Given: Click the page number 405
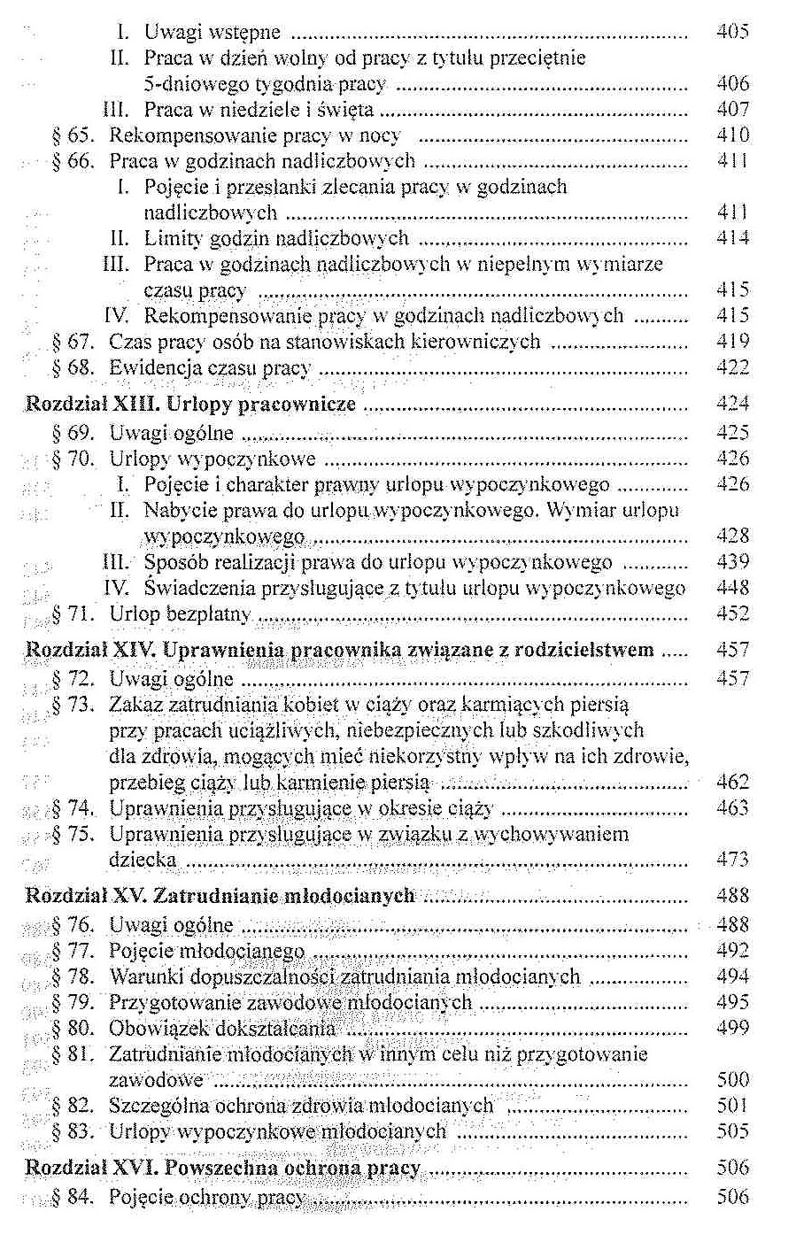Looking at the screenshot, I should tap(732, 33).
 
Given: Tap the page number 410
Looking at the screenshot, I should tap(732, 135).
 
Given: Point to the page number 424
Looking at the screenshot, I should tap(732, 405).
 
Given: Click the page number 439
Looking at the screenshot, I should tap(732, 562).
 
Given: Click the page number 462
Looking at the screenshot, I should tap(732, 783).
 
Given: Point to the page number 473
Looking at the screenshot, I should tap(732, 860).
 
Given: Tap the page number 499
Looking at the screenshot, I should tap(732, 1028).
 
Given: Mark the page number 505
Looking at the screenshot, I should tap(732, 1131).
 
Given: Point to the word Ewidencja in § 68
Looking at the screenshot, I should tap(153, 367).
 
